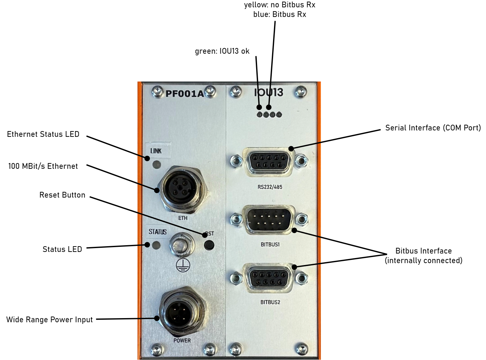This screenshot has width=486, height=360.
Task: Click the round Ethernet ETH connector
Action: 183,188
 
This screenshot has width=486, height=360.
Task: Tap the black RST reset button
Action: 209,245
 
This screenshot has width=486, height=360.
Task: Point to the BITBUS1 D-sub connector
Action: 269,220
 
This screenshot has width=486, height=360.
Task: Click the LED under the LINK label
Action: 157,165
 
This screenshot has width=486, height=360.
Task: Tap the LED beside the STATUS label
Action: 156,245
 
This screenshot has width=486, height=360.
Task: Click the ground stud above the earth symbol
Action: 182,245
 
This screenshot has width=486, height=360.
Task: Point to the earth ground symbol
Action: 183,265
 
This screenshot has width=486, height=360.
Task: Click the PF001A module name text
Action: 184,94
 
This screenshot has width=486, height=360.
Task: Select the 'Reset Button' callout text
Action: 62,195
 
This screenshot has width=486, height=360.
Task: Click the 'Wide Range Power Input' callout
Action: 50,320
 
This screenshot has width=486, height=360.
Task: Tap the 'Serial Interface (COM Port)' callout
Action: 433,128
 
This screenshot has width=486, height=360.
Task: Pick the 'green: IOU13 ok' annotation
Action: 222,51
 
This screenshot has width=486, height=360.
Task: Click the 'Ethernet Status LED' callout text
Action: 43,134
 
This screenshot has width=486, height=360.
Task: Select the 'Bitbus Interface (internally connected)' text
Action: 423,256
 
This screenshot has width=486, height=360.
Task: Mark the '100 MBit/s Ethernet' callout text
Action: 43,166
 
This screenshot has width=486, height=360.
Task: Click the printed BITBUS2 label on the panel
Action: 270,302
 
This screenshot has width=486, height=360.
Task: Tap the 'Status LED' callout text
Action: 62,249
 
